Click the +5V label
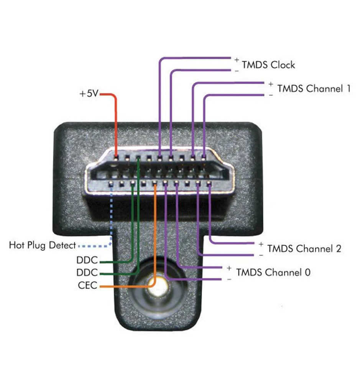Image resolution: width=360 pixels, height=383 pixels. (89, 93)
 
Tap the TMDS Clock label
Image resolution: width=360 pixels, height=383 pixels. (268, 65)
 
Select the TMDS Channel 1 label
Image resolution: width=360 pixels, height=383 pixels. (314, 88)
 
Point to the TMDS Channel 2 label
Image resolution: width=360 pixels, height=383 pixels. (304, 249)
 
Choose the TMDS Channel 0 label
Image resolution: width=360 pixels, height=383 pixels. (273, 272)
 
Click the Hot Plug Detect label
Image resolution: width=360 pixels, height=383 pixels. (42, 245)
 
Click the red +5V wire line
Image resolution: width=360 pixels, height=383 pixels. (115, 123)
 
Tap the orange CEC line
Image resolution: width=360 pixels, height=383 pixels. (155, 237)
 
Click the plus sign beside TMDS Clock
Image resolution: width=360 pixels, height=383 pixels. (237, 60)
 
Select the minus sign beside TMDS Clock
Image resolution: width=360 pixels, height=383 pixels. (237, 70)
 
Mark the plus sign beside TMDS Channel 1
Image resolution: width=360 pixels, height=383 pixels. (271, 84)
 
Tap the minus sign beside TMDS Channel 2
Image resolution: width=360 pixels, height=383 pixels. (261, 255)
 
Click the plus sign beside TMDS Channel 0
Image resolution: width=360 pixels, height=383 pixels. (229, 268)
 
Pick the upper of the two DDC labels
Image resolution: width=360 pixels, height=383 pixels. (87, 261)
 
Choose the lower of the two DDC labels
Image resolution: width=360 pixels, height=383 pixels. (87, 273)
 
